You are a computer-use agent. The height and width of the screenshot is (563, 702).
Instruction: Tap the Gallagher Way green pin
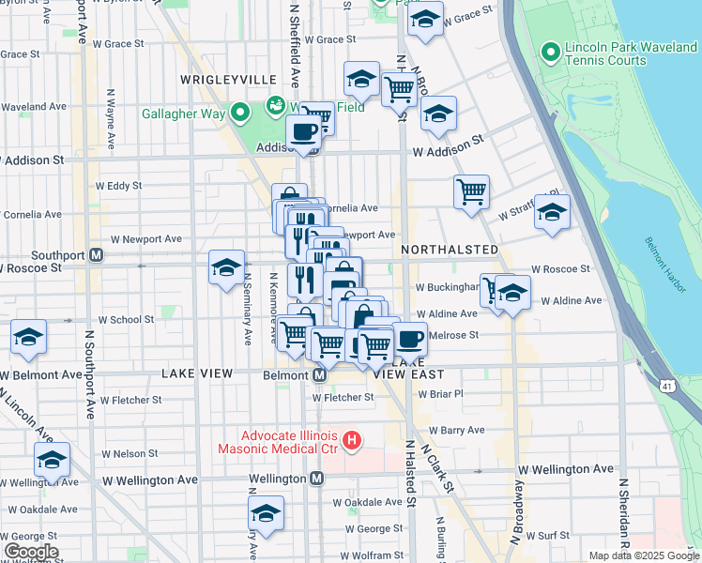pyautogui.click(x=239, y=114)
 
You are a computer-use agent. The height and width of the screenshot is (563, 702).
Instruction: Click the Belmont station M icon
pyautogui.click(x=318, y=375)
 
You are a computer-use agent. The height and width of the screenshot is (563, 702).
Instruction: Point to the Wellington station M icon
pyautogui.click(x=317, y=479)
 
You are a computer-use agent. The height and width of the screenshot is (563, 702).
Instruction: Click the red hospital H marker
pyautogui.click(x=352, y=439)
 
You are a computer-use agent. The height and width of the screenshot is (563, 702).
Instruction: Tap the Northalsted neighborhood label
pyautogui.click(x=450, y=250)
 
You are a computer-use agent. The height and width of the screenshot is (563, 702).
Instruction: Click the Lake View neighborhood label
pyautogui.click(x=196, y=373)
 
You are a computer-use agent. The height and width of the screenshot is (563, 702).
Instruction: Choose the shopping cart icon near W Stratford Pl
pyautogui.click(x=471, y=191)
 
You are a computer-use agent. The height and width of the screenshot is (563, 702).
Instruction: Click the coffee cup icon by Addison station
pyautogui.click(x=303, y=133)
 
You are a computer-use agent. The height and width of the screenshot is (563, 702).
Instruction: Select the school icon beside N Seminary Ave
pyautogui.click(x=226, y=267)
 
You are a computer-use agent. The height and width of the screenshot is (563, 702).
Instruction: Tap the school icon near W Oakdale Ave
pyautogui.click(x=266, y=513)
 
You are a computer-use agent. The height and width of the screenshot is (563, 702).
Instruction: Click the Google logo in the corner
pyautogui.click(x=30, y=552)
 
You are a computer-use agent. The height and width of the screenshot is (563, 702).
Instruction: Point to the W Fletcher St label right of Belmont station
pyautogui.click(x=343, y=397)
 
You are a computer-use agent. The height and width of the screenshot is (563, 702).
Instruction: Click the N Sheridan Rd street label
pyautogui.click(x=622, y=516)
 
